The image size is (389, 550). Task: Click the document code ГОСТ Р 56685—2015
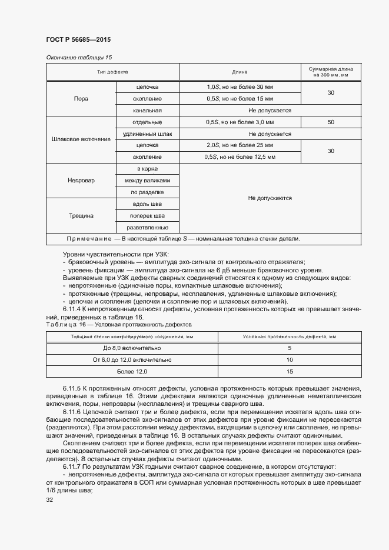tap(78, 39)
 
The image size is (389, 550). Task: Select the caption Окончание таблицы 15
tap(79, 58)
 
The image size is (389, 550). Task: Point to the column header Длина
tap(240, 72)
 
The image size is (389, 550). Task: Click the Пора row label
tap(81, 98)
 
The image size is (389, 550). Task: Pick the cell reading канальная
tap(147, 110)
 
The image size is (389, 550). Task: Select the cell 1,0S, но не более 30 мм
tap(240, 86)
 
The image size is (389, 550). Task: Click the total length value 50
tap(331, 122)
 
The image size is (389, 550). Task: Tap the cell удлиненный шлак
tap(147, 134)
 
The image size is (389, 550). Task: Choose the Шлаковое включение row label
tap(81, 139)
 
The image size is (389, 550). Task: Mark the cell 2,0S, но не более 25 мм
tap(240, 145)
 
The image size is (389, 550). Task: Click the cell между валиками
tap(147, 181)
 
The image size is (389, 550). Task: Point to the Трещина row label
tap(81, 215)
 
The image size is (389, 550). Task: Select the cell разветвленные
tap(147, 227)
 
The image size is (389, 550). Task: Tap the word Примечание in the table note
tap(89, 239)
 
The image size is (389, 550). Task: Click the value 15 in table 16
tap(290, 371)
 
